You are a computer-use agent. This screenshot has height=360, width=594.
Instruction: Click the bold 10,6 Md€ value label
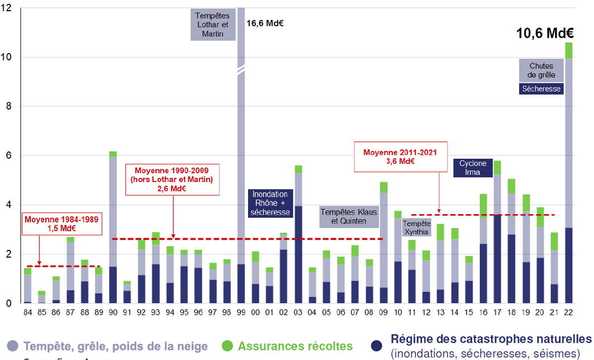point(544,33)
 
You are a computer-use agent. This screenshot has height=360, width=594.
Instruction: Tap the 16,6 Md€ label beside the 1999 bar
point(265,23)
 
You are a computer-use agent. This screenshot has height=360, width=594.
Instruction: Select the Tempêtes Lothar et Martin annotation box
point(212,25)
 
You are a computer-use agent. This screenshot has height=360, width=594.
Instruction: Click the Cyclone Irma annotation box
point(473,168)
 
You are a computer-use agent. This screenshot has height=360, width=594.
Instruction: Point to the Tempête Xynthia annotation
point(416,227)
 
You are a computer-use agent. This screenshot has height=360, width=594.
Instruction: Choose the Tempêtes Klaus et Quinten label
point(349,217)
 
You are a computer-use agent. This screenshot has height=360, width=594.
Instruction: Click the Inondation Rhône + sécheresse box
point(270,203)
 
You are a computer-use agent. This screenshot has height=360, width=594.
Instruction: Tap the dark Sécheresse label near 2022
point(541,89)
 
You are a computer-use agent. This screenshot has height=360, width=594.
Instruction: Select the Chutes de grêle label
point(541,70)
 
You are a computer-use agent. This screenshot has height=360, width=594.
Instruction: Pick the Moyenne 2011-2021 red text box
point(396,156)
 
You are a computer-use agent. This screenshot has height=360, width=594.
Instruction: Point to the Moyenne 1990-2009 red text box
point(173,179)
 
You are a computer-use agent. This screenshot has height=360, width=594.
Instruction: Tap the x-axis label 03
point(298,311)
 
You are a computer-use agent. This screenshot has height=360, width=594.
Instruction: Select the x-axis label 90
point(113,311)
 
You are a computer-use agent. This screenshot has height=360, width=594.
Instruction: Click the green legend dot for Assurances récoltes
point(228,345)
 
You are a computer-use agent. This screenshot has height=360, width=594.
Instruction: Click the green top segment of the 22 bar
point(569,50)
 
